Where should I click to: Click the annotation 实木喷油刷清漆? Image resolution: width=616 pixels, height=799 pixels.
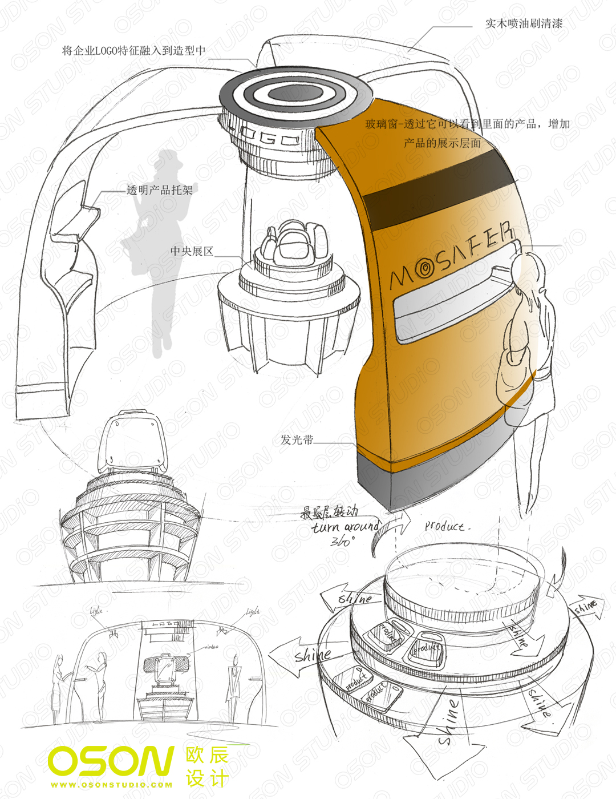(524, 23)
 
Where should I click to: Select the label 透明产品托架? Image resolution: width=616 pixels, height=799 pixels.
(160, 190)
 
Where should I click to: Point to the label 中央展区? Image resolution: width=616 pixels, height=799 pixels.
(192, 251)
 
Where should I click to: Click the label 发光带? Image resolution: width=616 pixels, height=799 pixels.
(297, 440)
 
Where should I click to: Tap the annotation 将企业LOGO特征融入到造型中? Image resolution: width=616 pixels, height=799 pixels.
(133, 51)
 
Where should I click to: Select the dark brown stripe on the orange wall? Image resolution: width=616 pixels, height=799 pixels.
(439, 194)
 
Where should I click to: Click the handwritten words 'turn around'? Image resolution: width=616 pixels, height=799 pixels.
(346, 526)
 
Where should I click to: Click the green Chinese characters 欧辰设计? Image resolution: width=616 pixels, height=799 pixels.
(206, 767)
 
